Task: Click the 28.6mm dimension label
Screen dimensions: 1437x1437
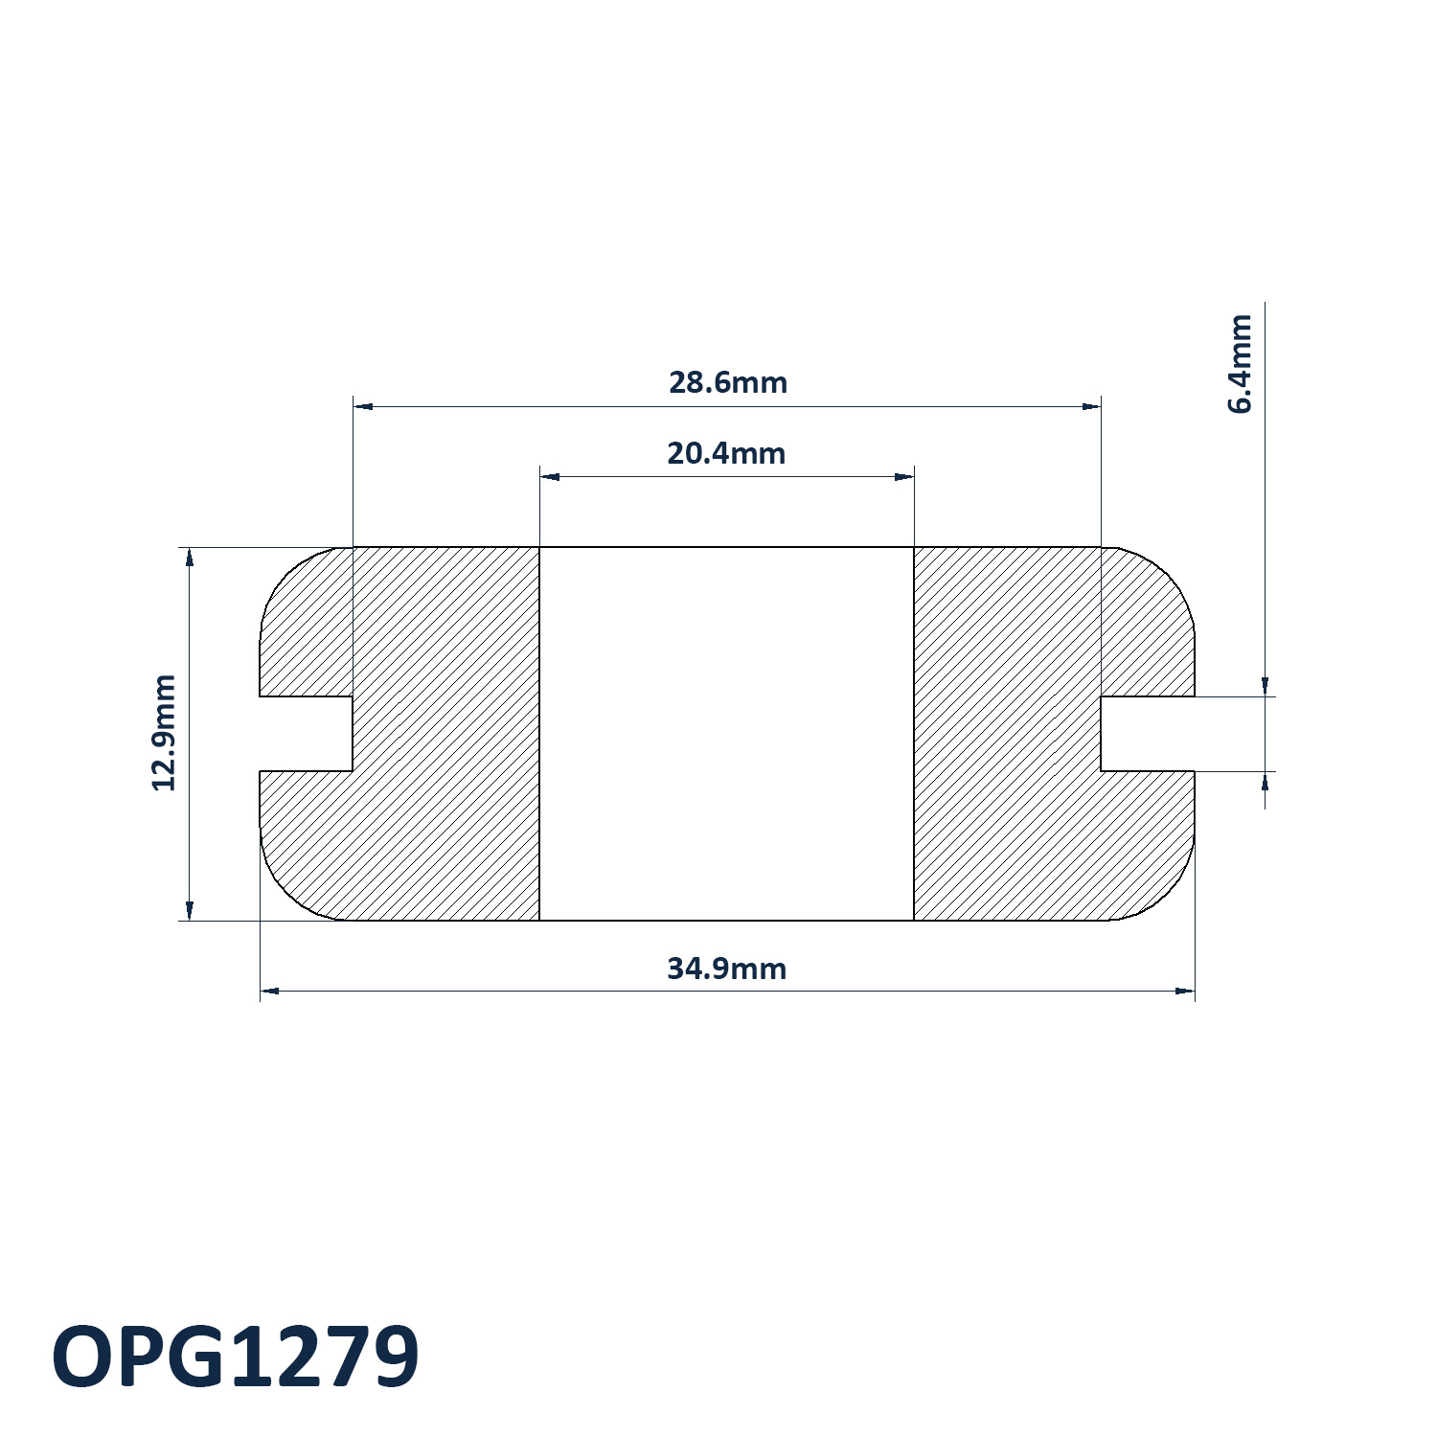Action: click(x=728, y=382)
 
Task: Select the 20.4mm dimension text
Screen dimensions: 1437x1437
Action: click(x=726, y=453)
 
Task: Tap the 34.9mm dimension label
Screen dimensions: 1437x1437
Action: click(x=726, y=969)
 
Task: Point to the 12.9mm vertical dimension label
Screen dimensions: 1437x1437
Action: click(x=165, y=733)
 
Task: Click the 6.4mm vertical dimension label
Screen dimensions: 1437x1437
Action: click(x=1240, y=363)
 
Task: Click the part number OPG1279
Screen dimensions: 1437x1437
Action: click(x=236, y=1357)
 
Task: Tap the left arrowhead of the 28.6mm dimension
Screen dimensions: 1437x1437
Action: click(x=363, y=406)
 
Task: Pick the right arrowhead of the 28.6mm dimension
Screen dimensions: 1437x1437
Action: click(x=1091, y=406)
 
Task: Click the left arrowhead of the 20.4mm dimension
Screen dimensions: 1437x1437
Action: click(x=549, y=477)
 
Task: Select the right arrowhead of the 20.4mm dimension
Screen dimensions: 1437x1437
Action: click(x=904, y=477)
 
